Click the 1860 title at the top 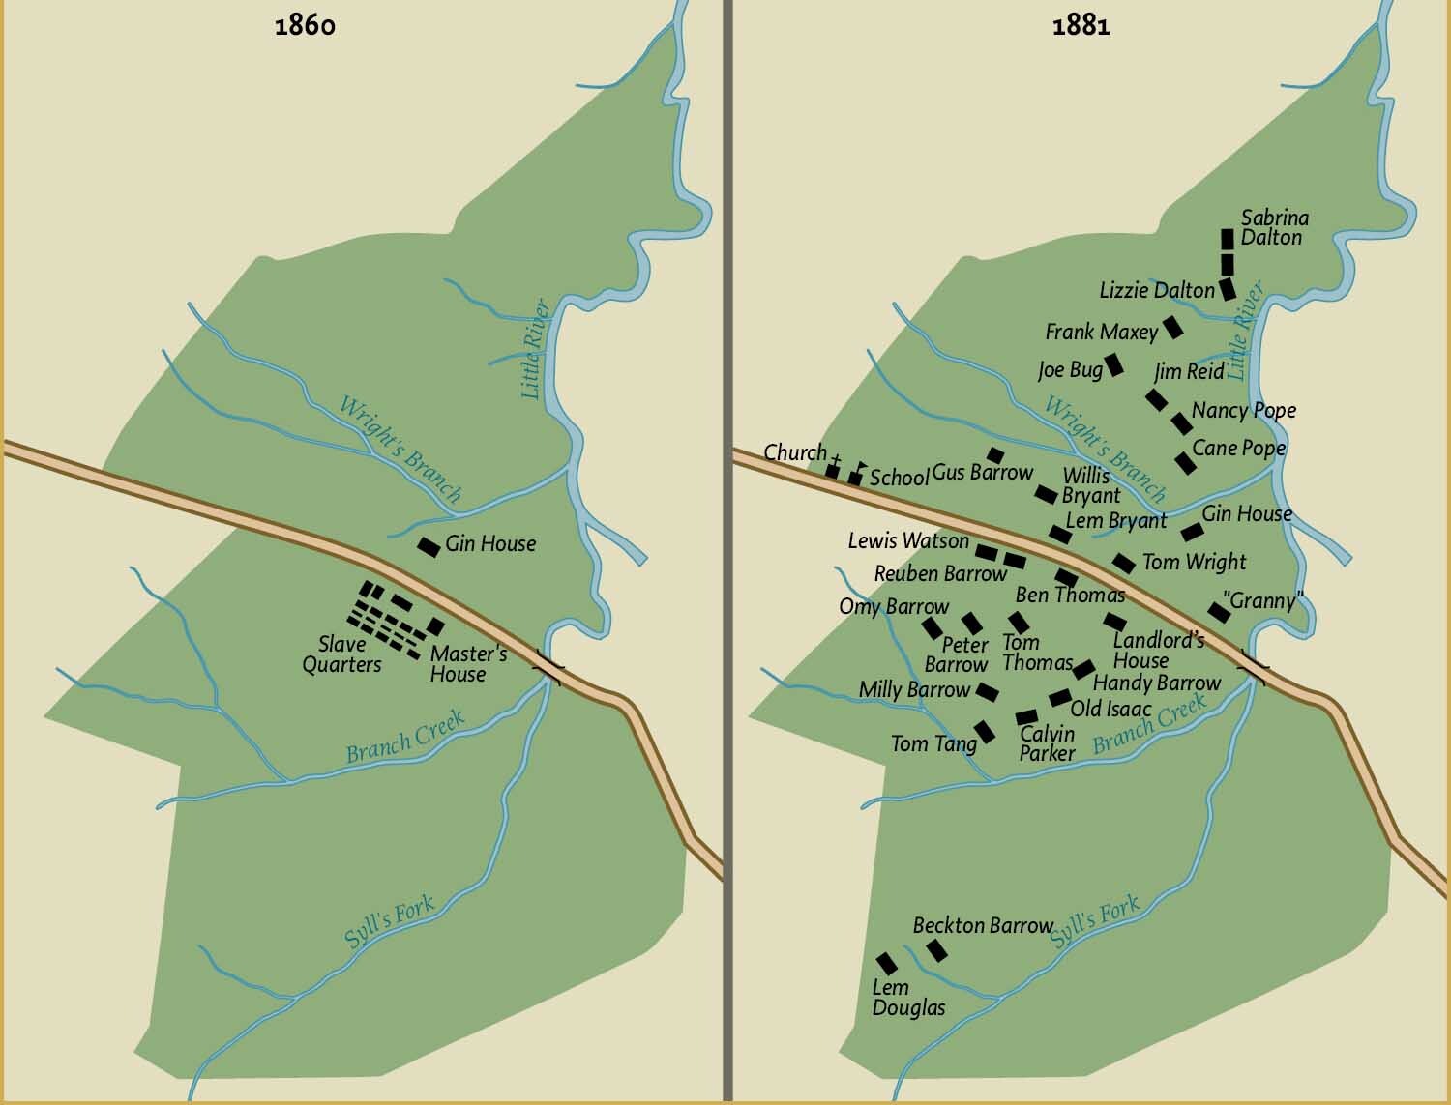coord(305,25)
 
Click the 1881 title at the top coord(1081,25)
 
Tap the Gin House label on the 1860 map coord(489,543)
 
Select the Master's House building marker coord(435,626)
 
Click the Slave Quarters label coord(341,654)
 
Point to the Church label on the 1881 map coord(795,452)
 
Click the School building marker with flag coord(855,477)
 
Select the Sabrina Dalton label coord(1274,227)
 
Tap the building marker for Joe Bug coord(1114,364)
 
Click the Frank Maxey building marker coord(1172,327)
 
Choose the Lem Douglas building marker coord(885,963)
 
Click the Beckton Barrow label coord(983,925)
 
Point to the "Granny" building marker coord(1219,611)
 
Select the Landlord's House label coord(1158,650)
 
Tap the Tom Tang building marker coord(985,732)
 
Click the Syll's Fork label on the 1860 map coord(389,923)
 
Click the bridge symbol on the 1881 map coord(1257,666)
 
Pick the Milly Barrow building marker coord(987,692)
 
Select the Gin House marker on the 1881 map coord(1192,532)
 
